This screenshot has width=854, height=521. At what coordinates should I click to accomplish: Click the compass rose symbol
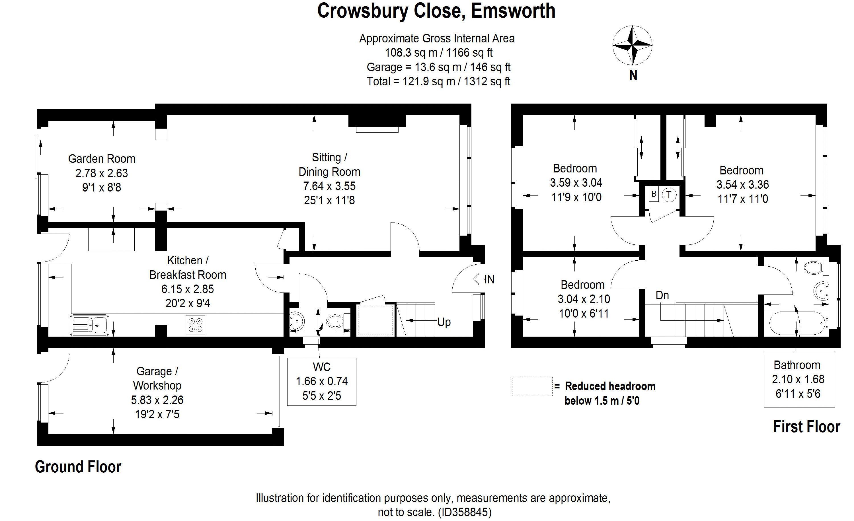tap(633, 45)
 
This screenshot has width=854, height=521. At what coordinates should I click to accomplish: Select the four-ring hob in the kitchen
tap(196, 325)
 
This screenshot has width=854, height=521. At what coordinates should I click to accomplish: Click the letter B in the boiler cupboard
tap(654, 194)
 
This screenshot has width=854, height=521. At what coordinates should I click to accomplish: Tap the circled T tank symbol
tap(669, 195)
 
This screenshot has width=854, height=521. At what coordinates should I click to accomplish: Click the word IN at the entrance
tap(489, 279)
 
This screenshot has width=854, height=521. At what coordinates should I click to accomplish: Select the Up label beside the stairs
tap(444, 322)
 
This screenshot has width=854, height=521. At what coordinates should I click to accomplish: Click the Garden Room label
tap(102, 159)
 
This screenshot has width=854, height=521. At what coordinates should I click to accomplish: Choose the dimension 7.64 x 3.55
tap(329, 186)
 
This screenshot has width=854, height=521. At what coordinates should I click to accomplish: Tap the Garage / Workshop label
tap(157, 378)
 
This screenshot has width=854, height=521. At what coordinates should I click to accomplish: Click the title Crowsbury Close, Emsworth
tap(436, 11)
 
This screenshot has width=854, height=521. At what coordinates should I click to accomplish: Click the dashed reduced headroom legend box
tap(532, 386)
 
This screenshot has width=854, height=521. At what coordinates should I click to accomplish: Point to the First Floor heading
tap(806, 427)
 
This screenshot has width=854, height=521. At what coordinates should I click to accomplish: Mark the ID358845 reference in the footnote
tap(464, 512)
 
